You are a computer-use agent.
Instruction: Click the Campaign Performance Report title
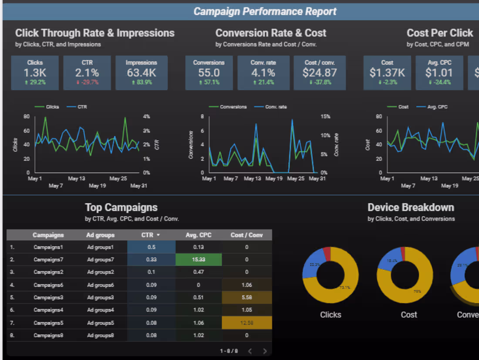265,11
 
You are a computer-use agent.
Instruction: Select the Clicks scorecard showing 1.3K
34,73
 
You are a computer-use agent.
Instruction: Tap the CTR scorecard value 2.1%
87,73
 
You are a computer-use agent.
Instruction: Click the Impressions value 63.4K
141,73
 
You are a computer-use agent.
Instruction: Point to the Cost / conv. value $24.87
320,73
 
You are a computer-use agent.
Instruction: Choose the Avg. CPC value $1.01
439,73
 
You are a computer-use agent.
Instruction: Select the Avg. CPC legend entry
436,107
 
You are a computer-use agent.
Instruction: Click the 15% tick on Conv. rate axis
325,117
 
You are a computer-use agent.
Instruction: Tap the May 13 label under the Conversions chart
252,179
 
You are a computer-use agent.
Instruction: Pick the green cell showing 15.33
199,259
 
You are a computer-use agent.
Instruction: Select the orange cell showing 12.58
246,323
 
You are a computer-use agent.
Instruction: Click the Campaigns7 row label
48,260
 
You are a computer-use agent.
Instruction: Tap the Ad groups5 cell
100,323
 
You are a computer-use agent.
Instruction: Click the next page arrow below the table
265,351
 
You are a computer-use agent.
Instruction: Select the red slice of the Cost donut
403,252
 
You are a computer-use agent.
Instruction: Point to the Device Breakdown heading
411,207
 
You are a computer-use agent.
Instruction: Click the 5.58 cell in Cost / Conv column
246,298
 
